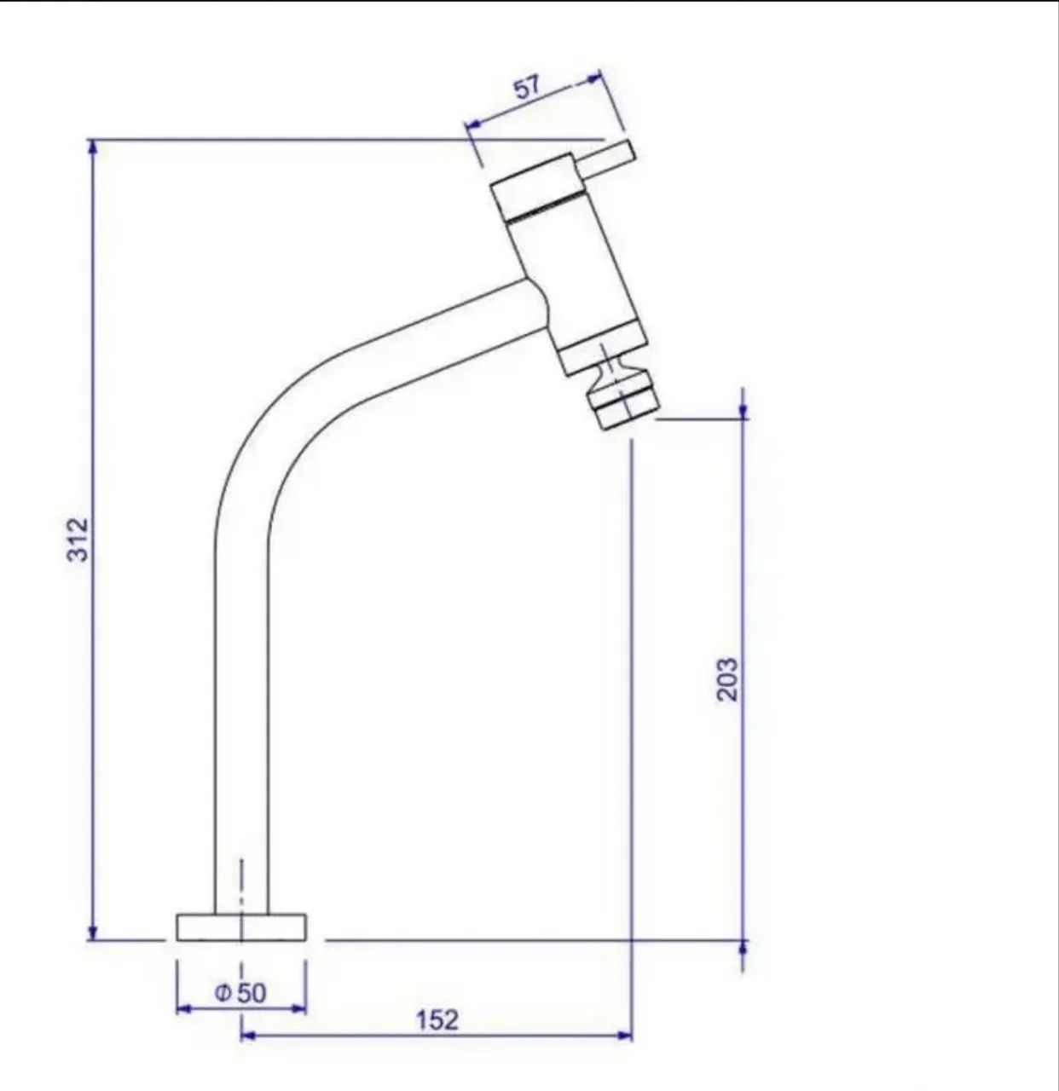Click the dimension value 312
(x=78, y=540)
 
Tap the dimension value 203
(x=727, y=679)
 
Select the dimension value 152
(x=437, y=1019)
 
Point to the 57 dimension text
(x=527, y=87)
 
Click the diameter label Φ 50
(x=240, y=993)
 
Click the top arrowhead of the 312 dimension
(x=93, y=146)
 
